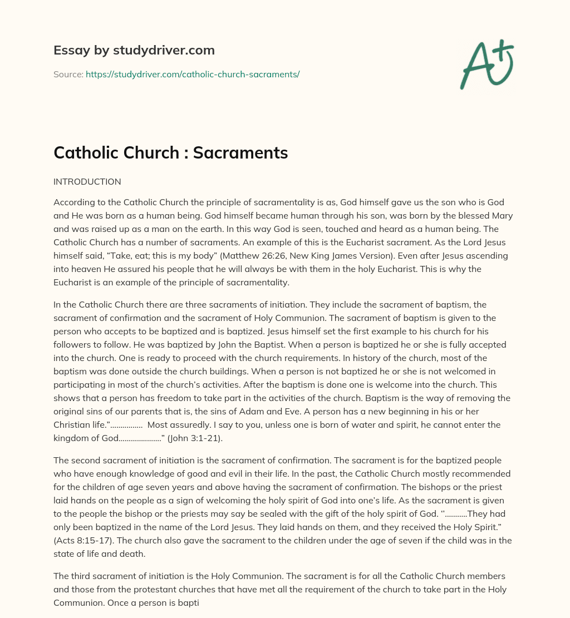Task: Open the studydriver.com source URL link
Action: pos(193,74)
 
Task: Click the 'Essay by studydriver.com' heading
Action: pos(134,50)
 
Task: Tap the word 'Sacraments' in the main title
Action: pos(240,153)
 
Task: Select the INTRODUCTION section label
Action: pos(87,181)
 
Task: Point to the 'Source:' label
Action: pos(68,74)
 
